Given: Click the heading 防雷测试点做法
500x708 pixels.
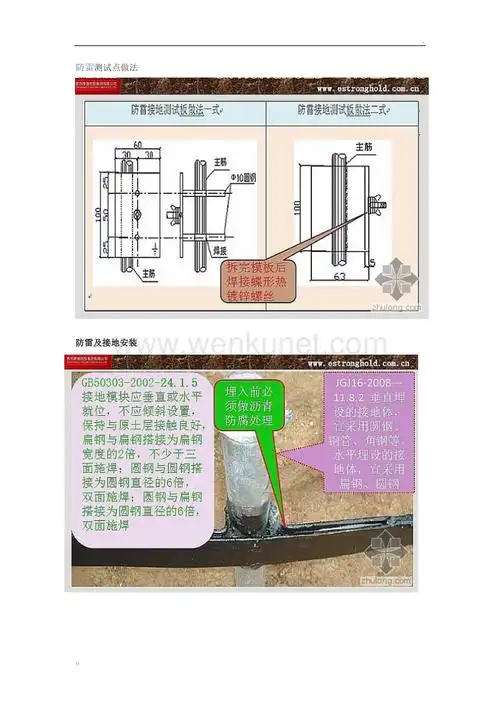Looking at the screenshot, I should [x=107, y=66].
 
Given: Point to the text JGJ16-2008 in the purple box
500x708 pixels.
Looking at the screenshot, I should [x=364, y=383].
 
